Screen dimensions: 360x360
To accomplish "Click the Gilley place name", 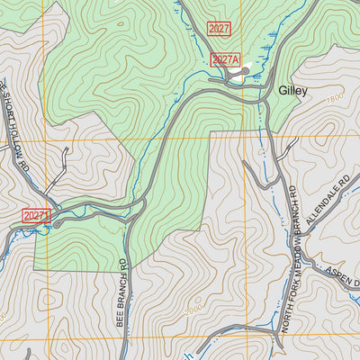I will tap(293, 91).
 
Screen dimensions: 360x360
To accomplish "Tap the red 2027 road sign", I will tap(219, 29).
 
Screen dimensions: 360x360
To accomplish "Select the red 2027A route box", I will tap(226, 60).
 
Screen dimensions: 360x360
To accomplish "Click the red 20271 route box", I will tap(36, 216).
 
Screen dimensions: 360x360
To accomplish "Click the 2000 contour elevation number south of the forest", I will tap(193, 309).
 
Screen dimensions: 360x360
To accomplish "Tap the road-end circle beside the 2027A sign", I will tap(246, 71).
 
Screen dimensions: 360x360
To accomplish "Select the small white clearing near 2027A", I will tap(237, 77).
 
